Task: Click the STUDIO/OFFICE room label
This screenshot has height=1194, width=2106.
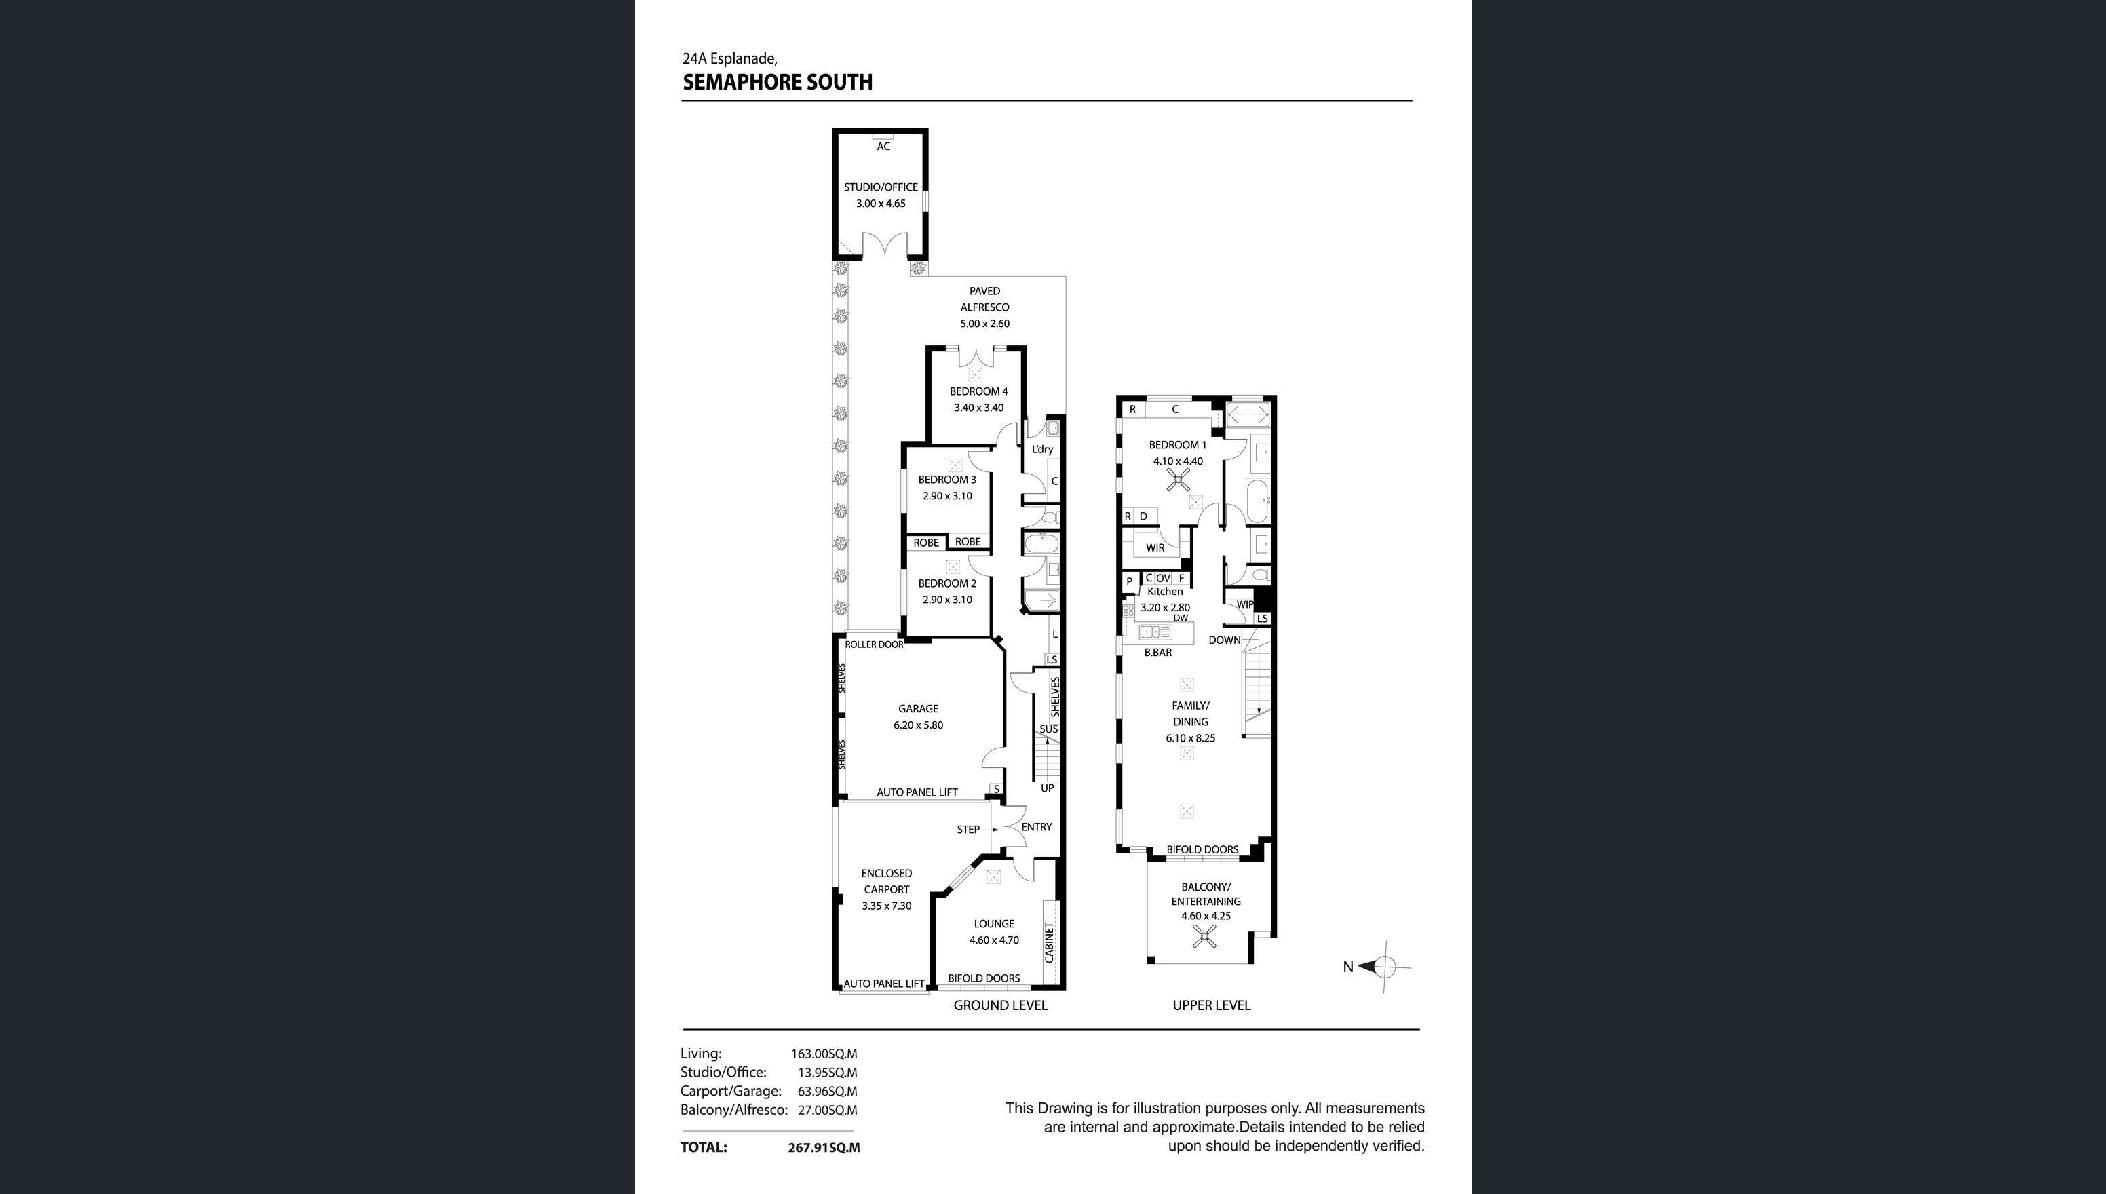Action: (881, 187)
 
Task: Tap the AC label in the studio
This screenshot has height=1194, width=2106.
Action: (883, 147)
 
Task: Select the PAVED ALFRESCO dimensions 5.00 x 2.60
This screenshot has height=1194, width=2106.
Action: (985, 324)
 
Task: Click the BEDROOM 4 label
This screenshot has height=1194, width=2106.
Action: (979, 392)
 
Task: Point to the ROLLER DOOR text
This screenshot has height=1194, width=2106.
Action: (874, 644)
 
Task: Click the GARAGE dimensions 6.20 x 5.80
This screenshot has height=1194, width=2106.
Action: (919, 726)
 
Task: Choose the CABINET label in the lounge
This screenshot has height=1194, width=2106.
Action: (1049, 943)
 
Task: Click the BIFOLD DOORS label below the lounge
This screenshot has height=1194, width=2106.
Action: (984, 978)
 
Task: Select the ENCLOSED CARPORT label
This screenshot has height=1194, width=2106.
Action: (887, 881)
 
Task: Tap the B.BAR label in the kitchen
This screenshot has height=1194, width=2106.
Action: (1158, 653)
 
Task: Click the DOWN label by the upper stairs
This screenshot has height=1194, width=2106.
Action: (1225, 640)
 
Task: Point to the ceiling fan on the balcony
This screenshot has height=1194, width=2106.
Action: (1205, 936)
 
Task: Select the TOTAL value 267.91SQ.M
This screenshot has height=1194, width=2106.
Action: (824, 1148)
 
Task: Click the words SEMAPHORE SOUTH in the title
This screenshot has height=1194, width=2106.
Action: (778, 82)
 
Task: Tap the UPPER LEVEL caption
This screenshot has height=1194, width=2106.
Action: (1211, 1005)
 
